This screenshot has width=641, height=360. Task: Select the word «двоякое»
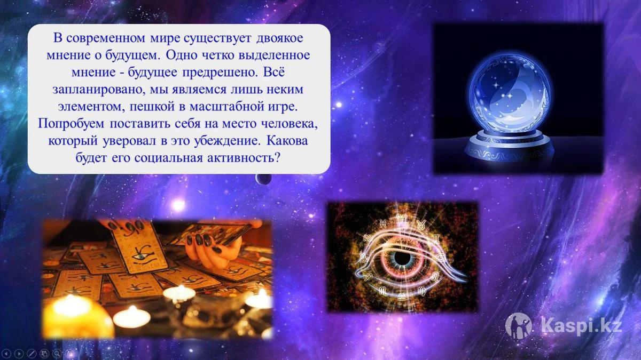(279, 38)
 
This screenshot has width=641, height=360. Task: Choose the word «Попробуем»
(71, 124)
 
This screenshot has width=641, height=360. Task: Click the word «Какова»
(287, 141)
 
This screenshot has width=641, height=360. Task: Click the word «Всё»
(273, 72)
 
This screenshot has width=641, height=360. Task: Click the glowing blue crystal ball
(510, 92)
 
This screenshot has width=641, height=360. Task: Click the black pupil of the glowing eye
(398, 258)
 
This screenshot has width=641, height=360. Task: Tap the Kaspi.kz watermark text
(582, 326)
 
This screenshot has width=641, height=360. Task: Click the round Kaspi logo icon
(519, 326)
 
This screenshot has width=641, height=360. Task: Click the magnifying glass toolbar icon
(57, 354)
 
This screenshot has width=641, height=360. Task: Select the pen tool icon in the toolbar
(32, 354)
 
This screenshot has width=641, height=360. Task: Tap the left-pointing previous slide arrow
(6, 354)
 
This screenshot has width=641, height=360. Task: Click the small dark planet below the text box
(263, 179)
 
